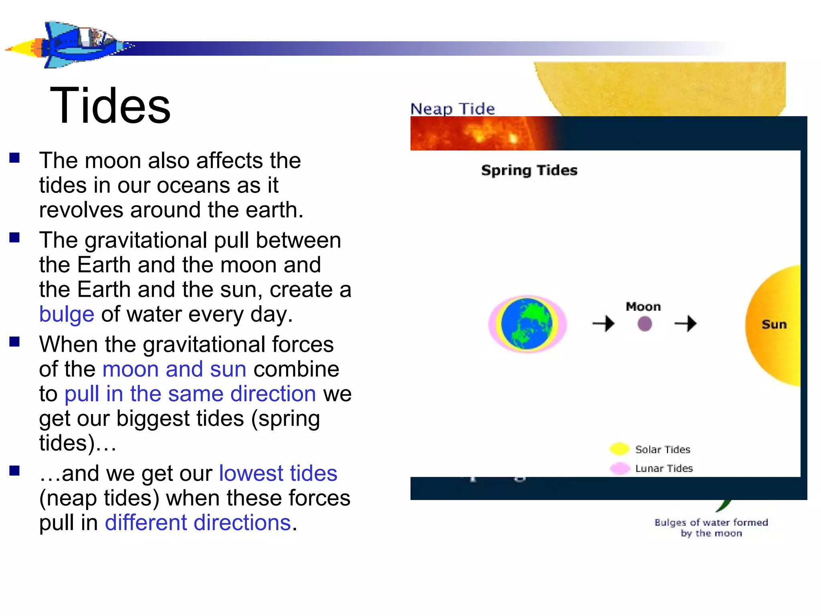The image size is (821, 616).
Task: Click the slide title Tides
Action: (x=110, y=106)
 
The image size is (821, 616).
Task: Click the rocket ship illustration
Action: (x=70, y=45)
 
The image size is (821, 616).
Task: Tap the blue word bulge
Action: (x=67, y=314)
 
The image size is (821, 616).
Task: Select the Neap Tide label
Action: (x=453, y=109)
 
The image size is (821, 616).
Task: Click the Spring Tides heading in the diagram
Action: (x=529, y=170)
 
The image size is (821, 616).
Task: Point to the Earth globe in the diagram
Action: (x=527, y=324)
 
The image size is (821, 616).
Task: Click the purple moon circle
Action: (x=644, y=324)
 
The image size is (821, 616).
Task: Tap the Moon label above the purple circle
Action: (x=643, y=307)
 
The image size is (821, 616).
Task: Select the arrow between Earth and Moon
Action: (x=603, y=323)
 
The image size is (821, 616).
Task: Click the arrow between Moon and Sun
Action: (x=686, y=323)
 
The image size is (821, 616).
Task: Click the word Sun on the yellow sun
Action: (x=774, y=324)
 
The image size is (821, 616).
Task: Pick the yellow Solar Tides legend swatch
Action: (x=619, y=449)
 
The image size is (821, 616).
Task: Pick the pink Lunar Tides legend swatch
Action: (x=619, y=468)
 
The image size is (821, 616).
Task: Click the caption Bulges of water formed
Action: (x=711, y=523)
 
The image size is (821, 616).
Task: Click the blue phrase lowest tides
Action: (x=278, y=474)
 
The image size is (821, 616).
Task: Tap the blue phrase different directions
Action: (x=198, y=523)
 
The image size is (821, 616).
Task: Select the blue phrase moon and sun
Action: (x=174, y=369)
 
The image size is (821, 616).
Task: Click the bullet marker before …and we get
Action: (x=15, y=470)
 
